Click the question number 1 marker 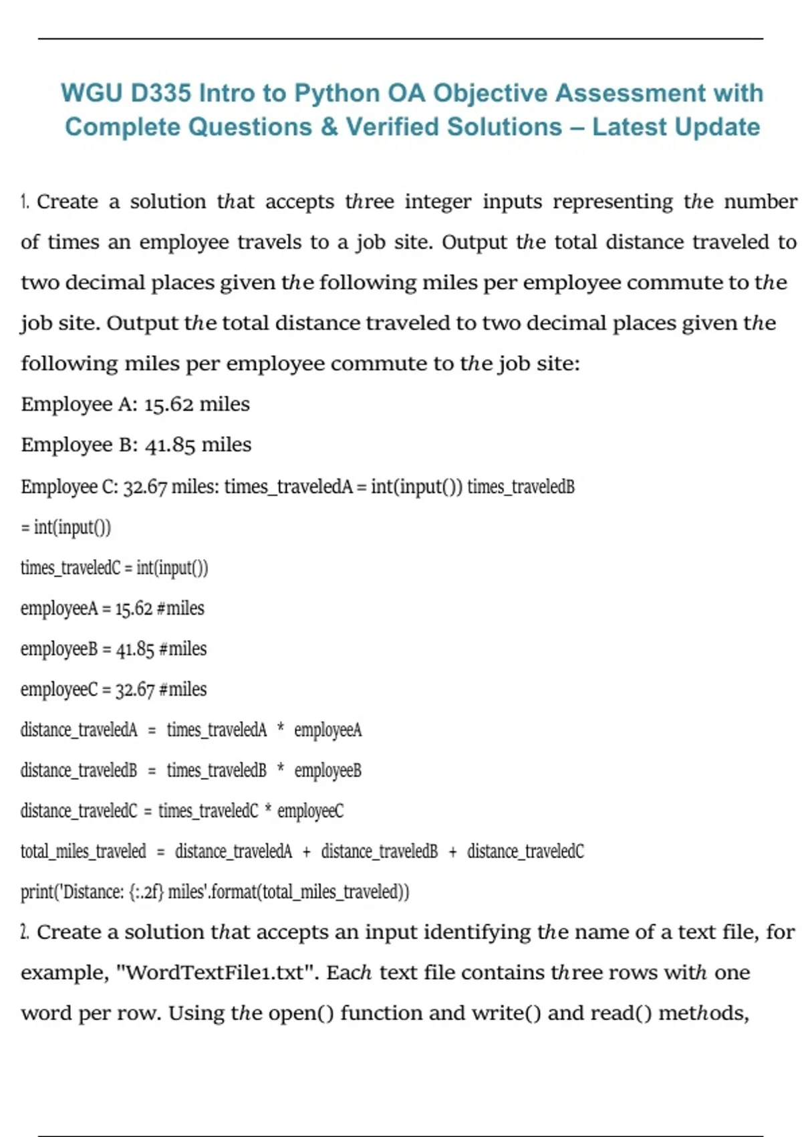pyautogui.click(x=25, y=201)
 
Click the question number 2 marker pyautogui.click(x=25, y=932)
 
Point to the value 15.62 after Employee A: pyautogui.click(x=168, y=404)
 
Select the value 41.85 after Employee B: pyautogui.click(x=170, y=445)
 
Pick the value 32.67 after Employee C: pyautogui.click(x=145, y=487)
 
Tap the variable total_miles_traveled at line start pyautogui.click(x=83, y=851)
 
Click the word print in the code pyautogui.click(x=37, y=892)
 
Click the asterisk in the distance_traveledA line pyautogui.click(x=281, y=729)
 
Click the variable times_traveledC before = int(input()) pyautogui.click(x=70, y=568)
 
